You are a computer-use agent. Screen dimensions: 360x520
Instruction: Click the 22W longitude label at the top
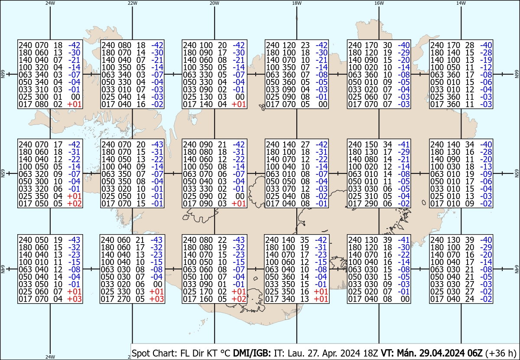coord(133,3)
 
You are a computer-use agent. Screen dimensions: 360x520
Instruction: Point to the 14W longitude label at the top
coord(461,3)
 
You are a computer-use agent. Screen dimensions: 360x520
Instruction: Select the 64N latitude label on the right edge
coord(517,270)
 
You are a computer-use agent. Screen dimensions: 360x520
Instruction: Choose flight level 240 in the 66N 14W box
coord(437,45)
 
